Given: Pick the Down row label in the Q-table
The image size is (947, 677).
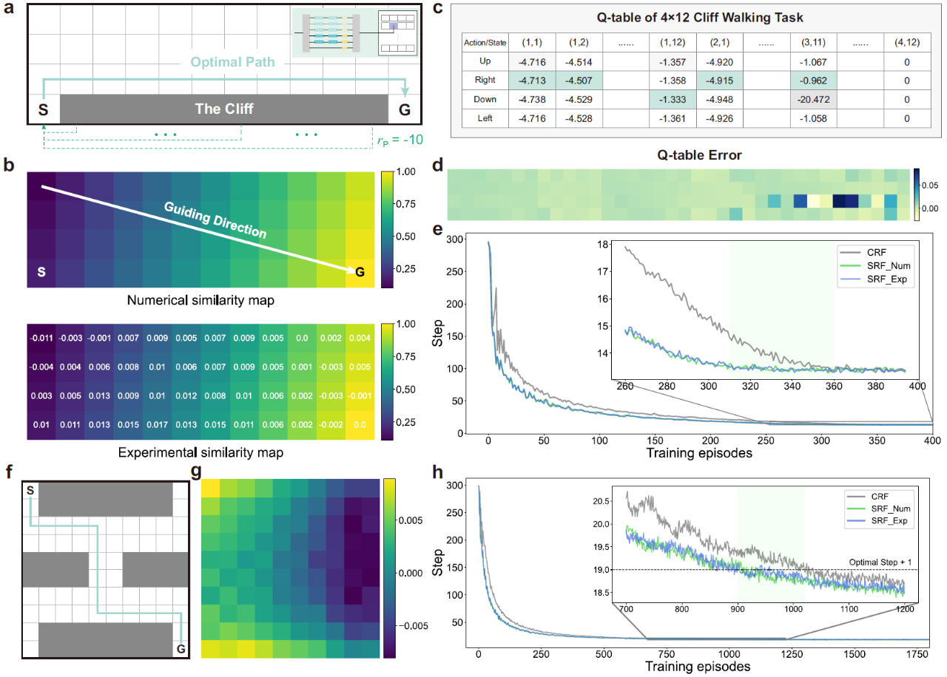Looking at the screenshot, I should pyautogui.click(x=485, y=99).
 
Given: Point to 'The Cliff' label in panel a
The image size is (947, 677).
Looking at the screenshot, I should pyautogui.click(x=223, y=109).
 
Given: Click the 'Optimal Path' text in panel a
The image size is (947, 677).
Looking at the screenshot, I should pyautogui.click(x=236, y=64).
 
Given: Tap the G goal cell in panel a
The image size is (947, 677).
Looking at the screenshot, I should pyautogui.click(x=403, y=109).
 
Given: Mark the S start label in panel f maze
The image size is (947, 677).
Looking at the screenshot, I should pyautogui.click(x=30, y=490).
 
